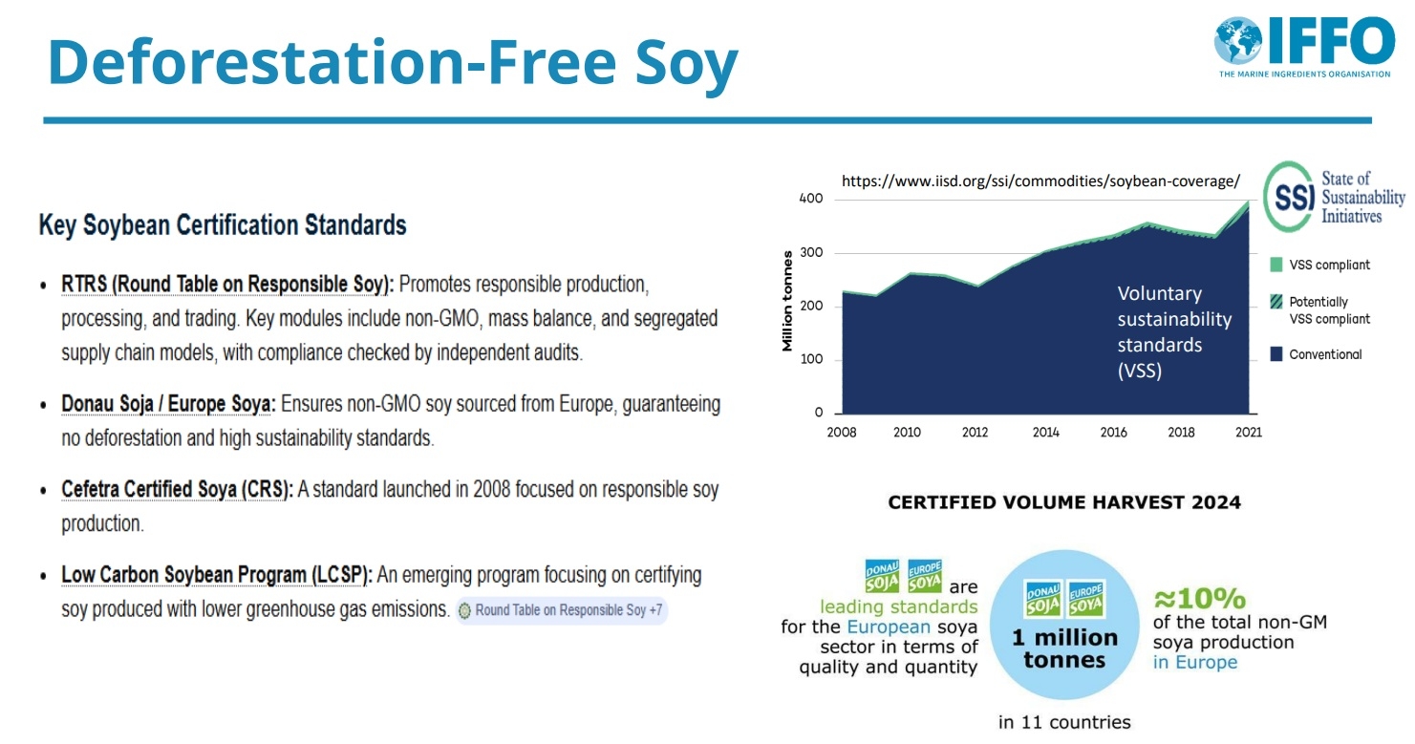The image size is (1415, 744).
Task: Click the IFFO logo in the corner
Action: coord(1304,46)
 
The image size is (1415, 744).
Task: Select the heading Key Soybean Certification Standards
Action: coord(223,225)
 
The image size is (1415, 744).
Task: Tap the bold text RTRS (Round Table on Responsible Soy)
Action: coord(227,285)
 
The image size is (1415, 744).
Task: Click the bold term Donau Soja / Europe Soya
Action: coord(168,404)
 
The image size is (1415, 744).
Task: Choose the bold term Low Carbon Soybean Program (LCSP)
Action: coord(217,576)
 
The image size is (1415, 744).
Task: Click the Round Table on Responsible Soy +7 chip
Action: coord(561,610)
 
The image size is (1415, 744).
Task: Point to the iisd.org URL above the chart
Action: coord(1040,181)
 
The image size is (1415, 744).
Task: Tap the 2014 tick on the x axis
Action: coord(1045,433)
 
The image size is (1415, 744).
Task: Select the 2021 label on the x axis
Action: coord(1248,433)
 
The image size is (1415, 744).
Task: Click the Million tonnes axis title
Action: coord(787,301)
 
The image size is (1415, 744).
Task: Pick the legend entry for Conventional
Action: coord(1324,354)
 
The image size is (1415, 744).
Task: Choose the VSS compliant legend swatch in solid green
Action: coord(1276,265)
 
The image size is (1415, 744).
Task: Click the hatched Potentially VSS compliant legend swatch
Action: coord(1276,302)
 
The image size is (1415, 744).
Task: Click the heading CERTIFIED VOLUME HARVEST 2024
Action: coord(1064,502)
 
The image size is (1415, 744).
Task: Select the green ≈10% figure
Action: coord(1199,599)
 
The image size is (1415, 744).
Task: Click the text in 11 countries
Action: coord(1064,722)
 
